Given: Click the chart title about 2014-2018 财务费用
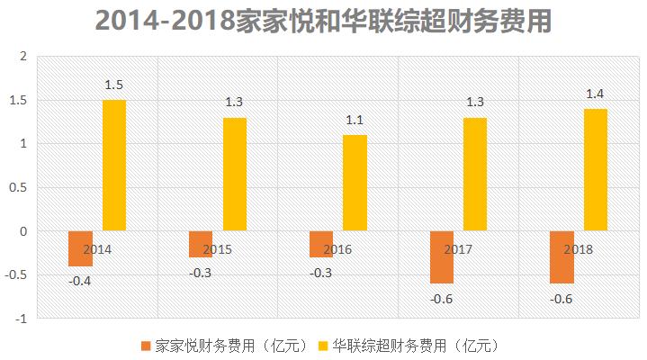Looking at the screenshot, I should pyautogui.click(x=322, y=21).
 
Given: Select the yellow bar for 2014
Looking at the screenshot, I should pyautogui.click(x=114, y=166).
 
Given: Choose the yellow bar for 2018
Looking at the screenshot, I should pyautogui.click(x=596, y=170).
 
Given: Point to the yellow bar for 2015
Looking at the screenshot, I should pyautogui.click(x=234, y=175).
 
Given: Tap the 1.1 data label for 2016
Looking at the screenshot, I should pyautogui.click(x=355, y=121).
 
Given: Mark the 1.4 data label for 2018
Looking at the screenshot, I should pyautogui.click(x=596, y=94).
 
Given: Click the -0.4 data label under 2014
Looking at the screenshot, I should pyautogui.click(x=80, y=281).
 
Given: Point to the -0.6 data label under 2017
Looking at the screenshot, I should pyautogui.click(x=442, y=298).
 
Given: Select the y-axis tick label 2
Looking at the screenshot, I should pyautogui.click(x=25, y=57).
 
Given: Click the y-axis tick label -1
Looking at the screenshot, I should pyautogui.click(x=22, y=318).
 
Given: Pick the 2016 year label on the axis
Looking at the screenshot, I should pyautogui.click(x=337, y=249).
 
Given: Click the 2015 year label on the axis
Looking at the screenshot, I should pyautogui.click(x=218, y=249).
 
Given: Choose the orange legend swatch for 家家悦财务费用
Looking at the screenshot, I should pyautogui.click(x=147, y=346).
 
